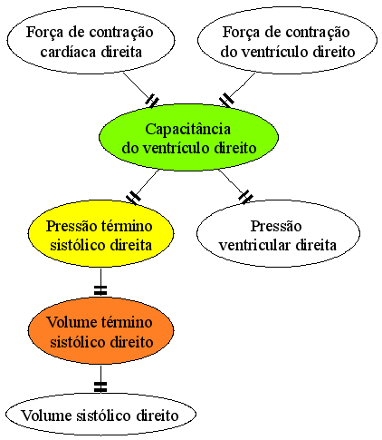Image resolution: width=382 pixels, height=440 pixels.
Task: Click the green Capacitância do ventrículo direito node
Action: [x=188, y=138]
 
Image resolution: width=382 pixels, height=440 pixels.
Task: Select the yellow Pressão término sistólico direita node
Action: [x=100, y=233]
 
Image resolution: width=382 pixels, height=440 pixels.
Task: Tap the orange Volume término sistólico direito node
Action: [x=100, y=330]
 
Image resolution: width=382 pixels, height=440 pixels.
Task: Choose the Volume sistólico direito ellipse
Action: [x=100, y=415]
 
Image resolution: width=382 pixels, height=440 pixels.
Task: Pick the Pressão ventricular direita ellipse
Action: [x=278, y=233]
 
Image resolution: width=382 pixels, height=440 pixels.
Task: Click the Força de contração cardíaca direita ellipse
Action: [x=91, y=40]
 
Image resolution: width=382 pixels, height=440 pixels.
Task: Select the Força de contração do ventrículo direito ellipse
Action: [x=287, y=40]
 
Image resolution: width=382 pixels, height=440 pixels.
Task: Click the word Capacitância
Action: [x=187, y=130]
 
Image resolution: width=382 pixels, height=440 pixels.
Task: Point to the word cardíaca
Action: [x=68, y=52]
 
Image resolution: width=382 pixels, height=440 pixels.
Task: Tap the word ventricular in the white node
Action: [x=255, y=245]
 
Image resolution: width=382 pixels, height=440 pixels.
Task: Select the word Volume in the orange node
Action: [x=72, y=322]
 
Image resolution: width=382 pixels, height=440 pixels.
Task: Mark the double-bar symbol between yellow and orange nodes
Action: [x=100, y=289]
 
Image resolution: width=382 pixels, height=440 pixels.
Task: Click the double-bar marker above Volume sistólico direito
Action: [x=100, y=386]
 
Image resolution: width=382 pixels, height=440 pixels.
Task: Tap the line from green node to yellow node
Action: [x=142, y=187]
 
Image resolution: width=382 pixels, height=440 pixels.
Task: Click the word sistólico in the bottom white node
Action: [x=103, y=416]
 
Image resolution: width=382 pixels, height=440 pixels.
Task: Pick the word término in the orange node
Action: [x=127, y=322]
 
